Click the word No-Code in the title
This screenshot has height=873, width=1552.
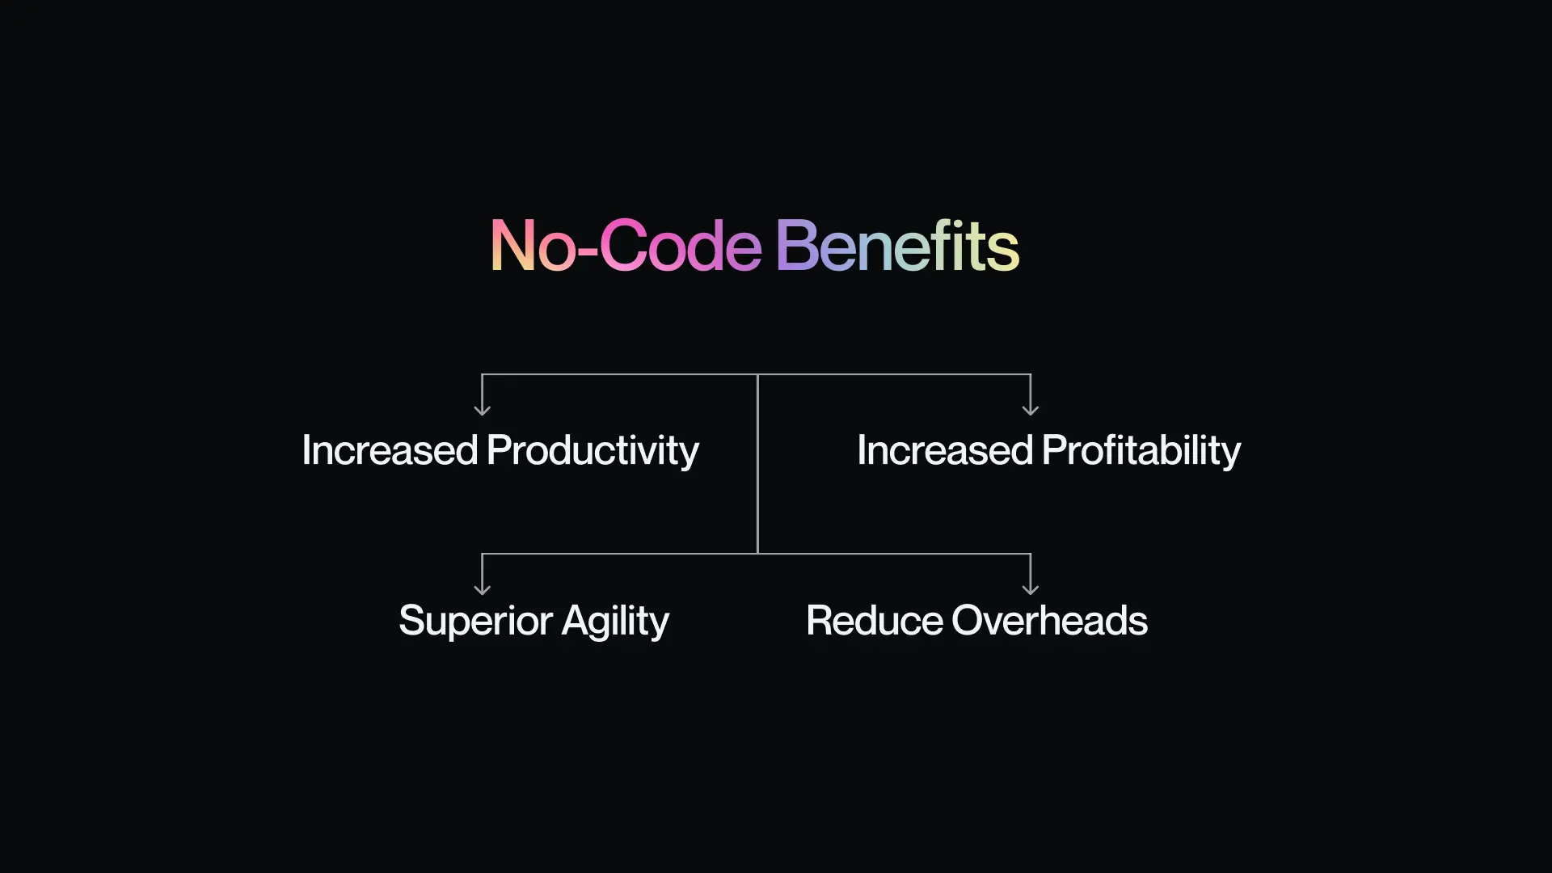(626, 246)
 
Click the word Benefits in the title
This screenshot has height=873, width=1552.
(898, 246)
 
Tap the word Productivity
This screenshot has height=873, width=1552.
(593, 451)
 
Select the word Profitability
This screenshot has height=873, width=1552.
(1141, 451)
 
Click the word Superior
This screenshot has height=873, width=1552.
(476, 622)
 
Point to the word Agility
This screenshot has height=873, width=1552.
(616, 622)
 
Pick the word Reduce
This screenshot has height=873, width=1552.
(875, 621)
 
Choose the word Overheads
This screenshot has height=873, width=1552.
(1050, 621)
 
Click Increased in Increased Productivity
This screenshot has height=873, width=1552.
(390, 450)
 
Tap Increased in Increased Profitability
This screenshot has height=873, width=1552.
(945, 450)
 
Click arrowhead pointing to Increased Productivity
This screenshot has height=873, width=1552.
(482, 411)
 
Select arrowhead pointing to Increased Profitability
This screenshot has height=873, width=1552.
(1031, 411)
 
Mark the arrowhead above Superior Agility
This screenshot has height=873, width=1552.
(482, 590)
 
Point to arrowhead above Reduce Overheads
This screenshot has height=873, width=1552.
(1031, 590)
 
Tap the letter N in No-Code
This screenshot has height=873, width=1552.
(512, 245)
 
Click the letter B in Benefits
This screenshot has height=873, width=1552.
(795, 245)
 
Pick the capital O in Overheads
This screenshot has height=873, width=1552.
(970, 621)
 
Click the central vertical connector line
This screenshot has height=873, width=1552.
(757, 464)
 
